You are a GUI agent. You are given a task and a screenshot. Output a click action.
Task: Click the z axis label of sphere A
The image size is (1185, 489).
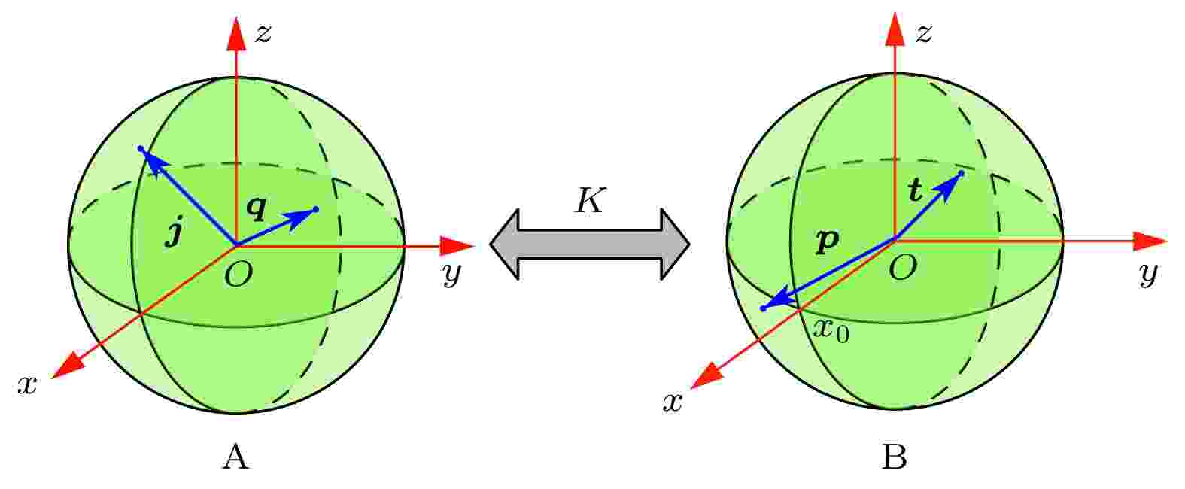point(263,33)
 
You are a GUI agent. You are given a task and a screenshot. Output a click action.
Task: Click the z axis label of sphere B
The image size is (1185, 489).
point(923,33)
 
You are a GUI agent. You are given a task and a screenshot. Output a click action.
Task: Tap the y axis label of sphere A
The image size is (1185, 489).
point(451,274)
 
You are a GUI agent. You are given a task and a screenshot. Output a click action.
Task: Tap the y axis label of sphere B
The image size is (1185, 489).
point(1148,274)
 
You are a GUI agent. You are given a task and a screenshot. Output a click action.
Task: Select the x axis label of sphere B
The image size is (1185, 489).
point(673,403)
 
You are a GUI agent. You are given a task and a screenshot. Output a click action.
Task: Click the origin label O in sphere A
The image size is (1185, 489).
point(238,274)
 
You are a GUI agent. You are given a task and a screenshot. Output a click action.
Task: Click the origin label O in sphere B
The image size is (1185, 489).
point(903,268)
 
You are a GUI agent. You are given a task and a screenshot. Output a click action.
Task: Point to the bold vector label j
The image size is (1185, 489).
point(174,235)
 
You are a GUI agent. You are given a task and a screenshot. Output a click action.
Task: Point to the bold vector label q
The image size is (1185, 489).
point(257,207)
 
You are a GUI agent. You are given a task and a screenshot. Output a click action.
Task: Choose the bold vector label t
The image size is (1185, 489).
point(915,190)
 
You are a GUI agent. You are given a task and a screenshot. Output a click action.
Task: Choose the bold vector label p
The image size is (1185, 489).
point(828,241)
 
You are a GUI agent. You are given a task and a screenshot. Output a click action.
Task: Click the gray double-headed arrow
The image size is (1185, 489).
point(590,244)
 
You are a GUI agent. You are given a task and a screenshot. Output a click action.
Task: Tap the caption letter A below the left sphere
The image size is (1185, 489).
point(236,457)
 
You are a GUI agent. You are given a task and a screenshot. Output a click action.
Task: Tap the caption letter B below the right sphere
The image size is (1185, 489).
point(895,457)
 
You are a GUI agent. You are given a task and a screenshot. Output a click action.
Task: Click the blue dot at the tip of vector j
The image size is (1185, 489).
point(140,149)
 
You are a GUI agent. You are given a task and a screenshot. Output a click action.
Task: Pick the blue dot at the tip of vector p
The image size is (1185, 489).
point(762,308)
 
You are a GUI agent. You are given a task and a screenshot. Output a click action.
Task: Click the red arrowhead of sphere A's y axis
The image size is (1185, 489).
point(457,245)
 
